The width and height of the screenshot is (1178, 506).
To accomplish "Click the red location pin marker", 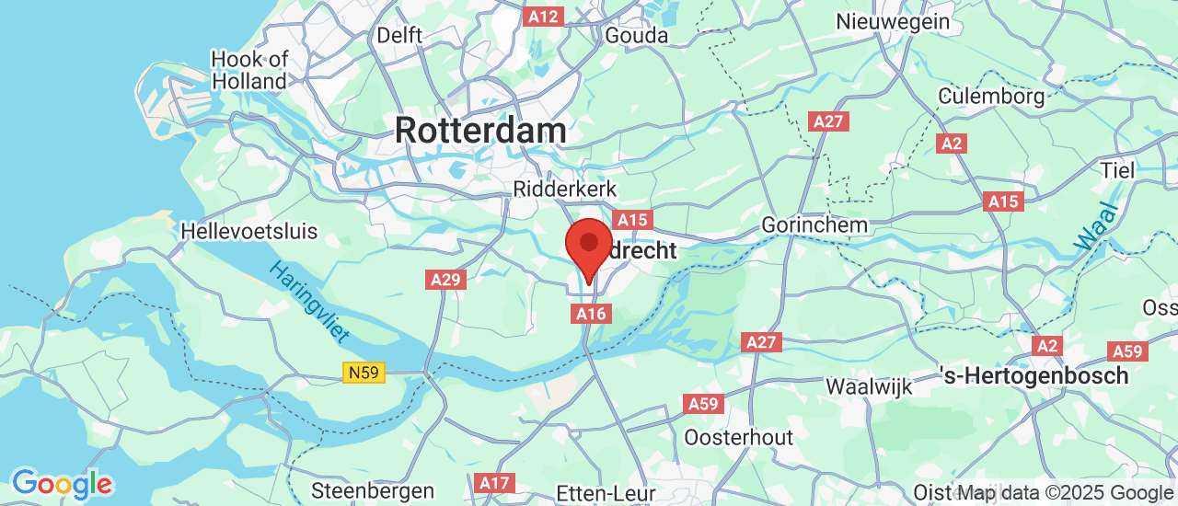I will point(589,244).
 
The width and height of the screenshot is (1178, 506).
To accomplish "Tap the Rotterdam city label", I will point(480,130).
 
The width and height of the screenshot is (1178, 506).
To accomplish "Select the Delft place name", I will point(399,35).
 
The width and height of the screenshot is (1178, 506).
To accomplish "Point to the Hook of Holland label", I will point(249,70).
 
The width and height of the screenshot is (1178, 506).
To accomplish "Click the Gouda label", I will point(636,35).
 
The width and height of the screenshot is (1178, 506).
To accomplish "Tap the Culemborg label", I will point(991,96).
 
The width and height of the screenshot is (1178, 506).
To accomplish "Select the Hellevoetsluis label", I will point(249,230).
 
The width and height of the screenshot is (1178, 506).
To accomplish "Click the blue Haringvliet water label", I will point(309,302).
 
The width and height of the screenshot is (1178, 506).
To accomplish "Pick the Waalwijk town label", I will point(869,386).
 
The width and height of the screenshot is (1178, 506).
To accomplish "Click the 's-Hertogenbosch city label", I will point(1035,375).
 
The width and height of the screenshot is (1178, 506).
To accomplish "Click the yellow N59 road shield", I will point(364,373).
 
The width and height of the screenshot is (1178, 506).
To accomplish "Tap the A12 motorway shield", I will point(543,16).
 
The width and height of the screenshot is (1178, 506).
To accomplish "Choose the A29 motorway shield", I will point(446,280).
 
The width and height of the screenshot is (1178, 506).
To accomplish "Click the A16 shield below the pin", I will point(591,314).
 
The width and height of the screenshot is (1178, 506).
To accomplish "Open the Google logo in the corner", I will point(62,483).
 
